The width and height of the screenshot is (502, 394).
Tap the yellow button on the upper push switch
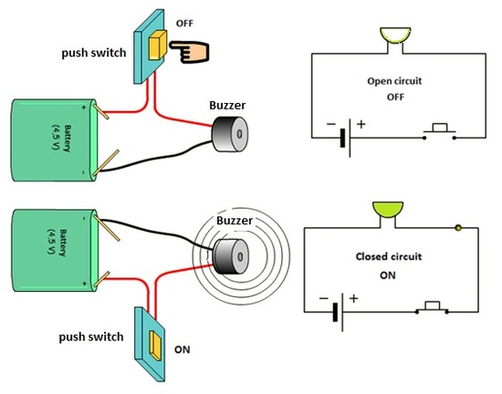pos(159,44)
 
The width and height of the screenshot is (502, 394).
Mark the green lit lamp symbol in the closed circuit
pos(388,212)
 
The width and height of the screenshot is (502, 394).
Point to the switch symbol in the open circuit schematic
pos(441,134)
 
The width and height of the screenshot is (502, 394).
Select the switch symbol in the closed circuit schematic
pos(431,307)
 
